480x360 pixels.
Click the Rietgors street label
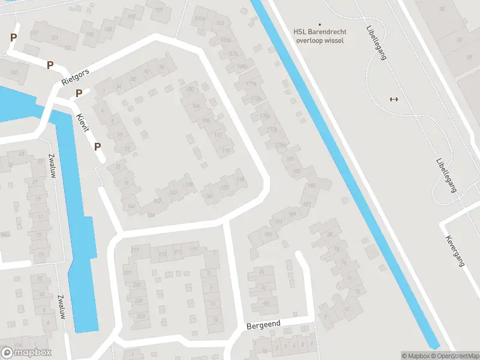point(75,76)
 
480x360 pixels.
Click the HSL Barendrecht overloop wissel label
point(319,36)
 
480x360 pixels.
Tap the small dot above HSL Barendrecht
point(319,25)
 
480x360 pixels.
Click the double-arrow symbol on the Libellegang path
point(394,99)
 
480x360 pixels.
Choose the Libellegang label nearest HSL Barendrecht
point(376,42)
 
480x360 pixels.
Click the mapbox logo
point(26,353)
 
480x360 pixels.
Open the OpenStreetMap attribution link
point(458,356)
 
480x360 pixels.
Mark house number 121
point(55,38)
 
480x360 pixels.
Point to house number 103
point(14,73)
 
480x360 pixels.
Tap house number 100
point(190,89)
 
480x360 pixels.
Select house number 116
point(226,151)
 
